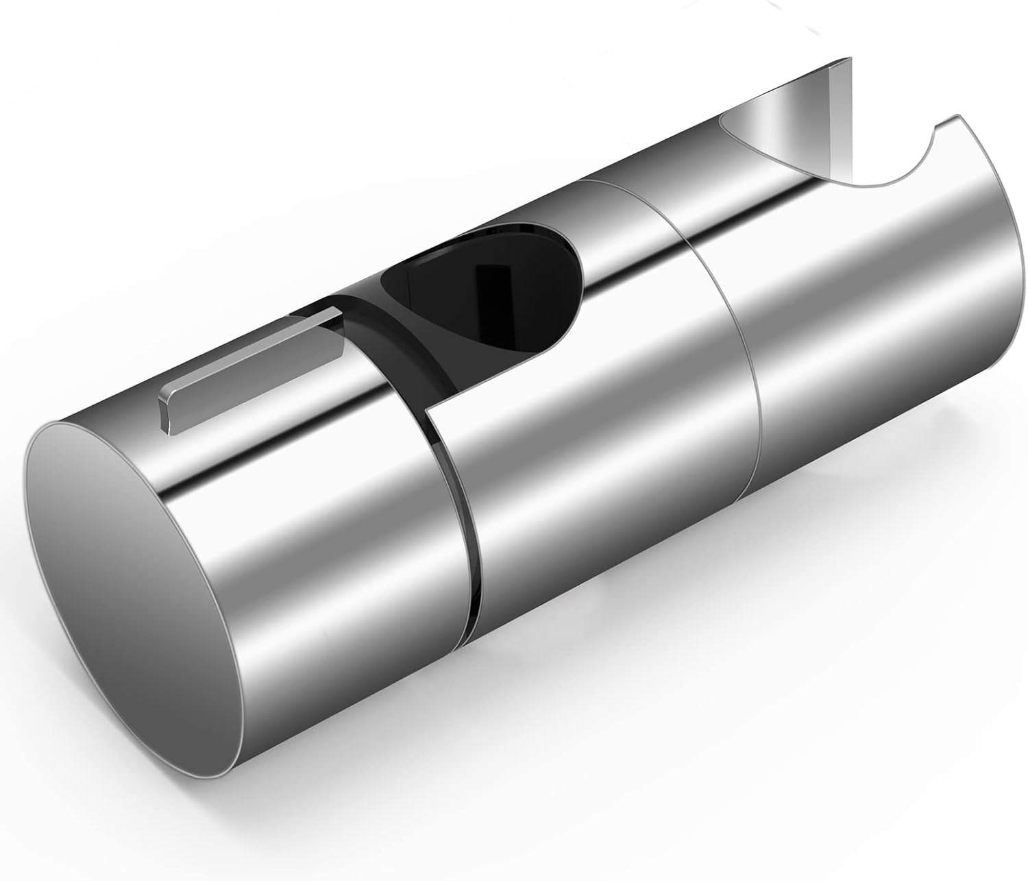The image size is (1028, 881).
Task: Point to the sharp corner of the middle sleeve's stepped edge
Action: tap(426, 413)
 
